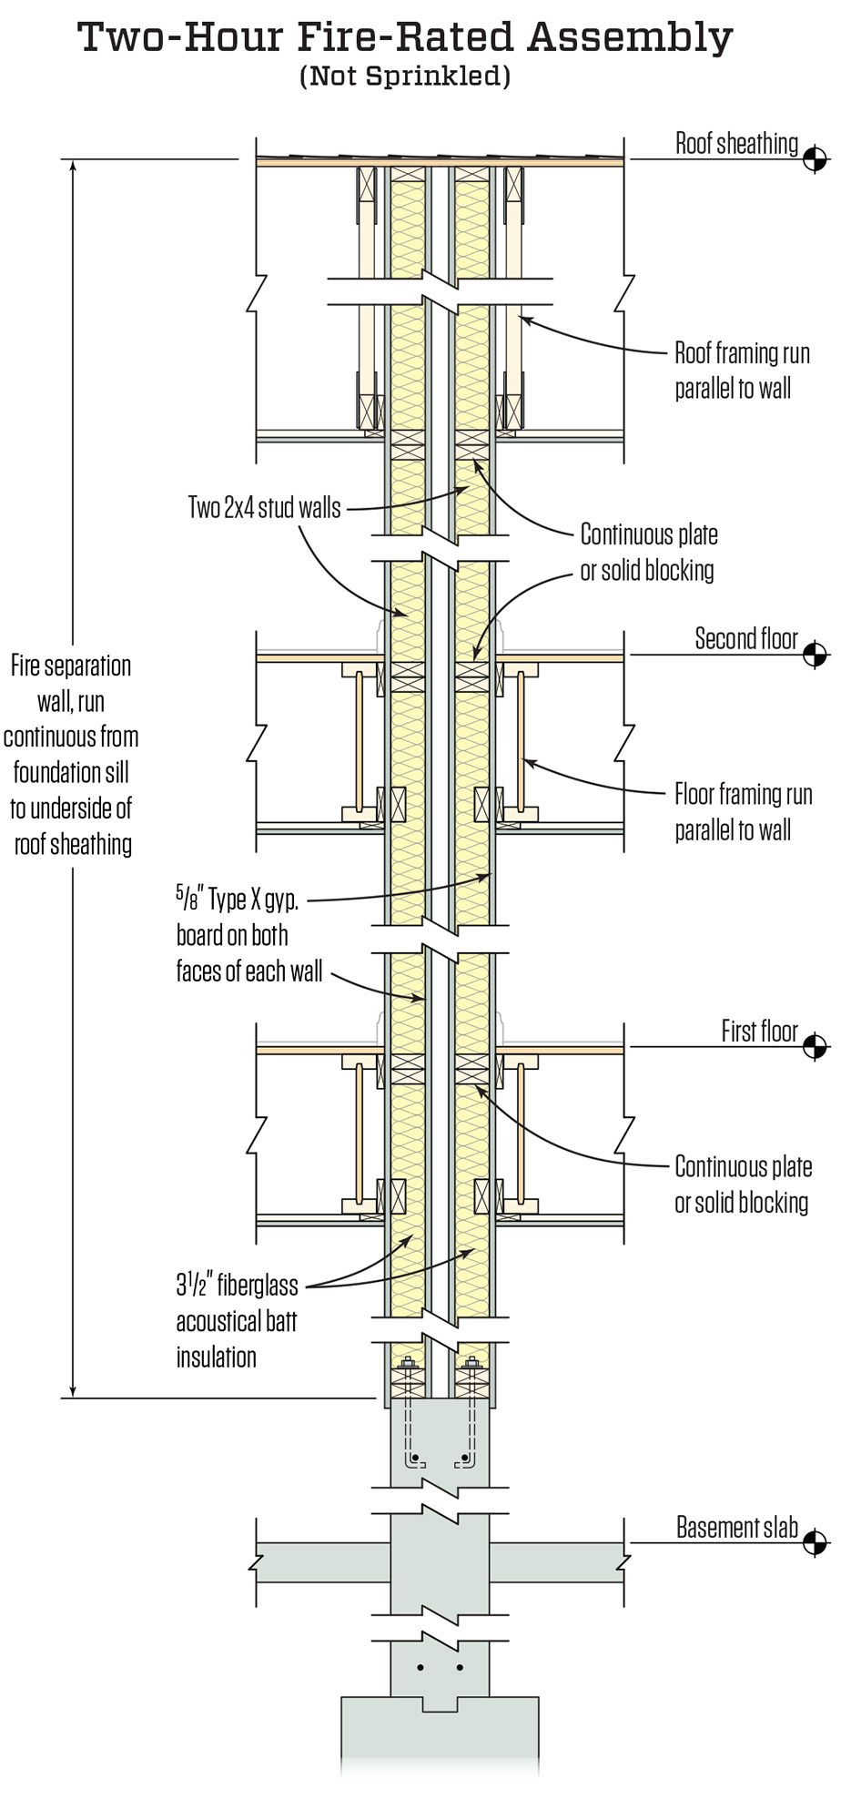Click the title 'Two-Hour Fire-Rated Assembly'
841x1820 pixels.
point(405,38)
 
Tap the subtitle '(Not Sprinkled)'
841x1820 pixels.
point(405,76)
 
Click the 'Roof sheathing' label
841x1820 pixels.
point(736,144)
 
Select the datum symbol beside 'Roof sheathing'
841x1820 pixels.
point(815,159)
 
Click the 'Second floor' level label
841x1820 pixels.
point(746,639)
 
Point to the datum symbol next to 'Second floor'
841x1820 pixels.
point(815,655)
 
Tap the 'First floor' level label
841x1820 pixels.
point(759,1032)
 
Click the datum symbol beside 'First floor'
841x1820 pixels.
point(815,1047)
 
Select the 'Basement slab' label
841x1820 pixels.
point(736,1528)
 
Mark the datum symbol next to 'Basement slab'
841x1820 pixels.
point(815,1543)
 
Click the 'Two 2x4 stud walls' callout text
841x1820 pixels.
point(264,508)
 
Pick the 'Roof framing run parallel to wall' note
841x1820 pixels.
point(741,371)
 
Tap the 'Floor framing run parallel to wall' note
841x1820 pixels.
point(743,812)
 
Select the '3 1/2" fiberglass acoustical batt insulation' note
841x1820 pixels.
point(237,1321)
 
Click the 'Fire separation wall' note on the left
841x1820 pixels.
point(72,755)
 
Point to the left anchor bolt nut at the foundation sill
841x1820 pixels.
point(407,1364)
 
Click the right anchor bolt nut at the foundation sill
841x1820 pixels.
point(471,1364)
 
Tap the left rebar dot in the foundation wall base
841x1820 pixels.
point(420,1668)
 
